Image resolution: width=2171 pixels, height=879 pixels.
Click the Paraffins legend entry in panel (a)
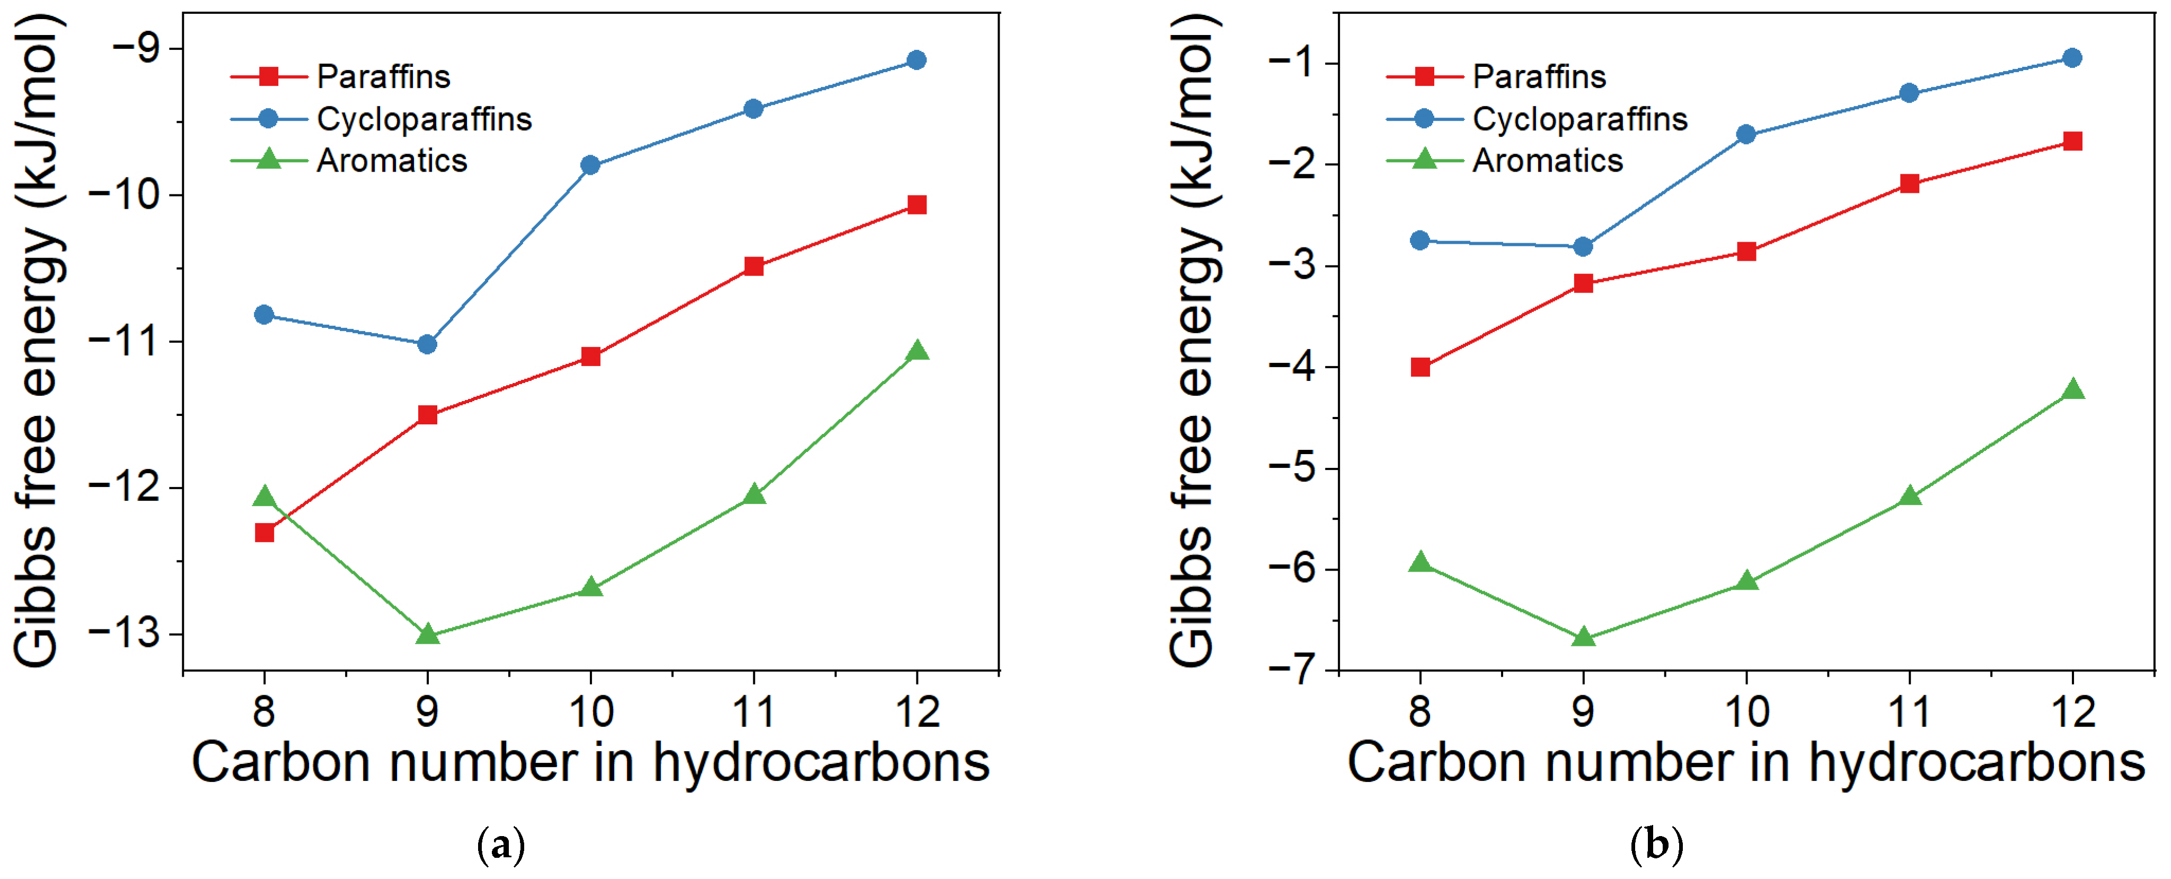click(383, 77)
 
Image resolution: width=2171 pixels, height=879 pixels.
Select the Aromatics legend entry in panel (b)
click(1547, 160)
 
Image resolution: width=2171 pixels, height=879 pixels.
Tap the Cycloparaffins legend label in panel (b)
click(1579, 119)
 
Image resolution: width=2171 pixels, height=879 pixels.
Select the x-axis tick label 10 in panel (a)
click(591, 712)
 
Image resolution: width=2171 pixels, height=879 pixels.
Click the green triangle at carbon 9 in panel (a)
click(427, 634)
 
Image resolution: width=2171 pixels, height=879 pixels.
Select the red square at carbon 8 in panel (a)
click(264, 532)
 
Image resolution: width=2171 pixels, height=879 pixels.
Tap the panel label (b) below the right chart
click(1657, 845)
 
